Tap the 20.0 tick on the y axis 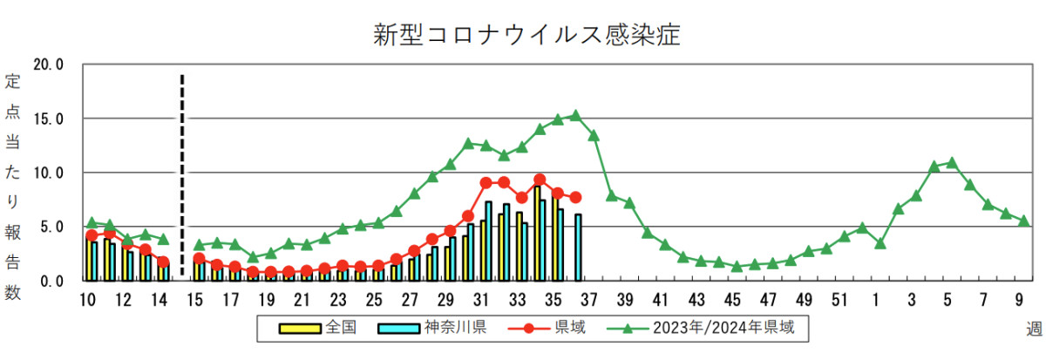pyautogui.click(x=48, y=65)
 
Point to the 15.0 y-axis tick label pyautogui.click(x=48, y=119)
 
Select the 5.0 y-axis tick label pyautogui.click(x=51, y=227)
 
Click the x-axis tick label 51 pyautogui.click(x=839, y=301)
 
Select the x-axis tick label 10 pyautogui.click(x=87, y=301)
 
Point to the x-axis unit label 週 pyautogui.click(x=1034, y=329)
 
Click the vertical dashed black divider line pyautogui.click(x=182, y=174)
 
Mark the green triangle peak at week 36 pyautogui.click(x=575, y=115)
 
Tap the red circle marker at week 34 pyautogui.click(x=540, y=180)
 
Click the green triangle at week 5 pyautogui.click(x=952, y=162)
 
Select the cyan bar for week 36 pyautogui.click(x=578, y=248)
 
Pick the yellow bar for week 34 pyautogui.click(x=536, y=233)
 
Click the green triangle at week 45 pyautogui.click(x=737, y=266)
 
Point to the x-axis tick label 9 pyautogui.click(x=1019, y=301)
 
